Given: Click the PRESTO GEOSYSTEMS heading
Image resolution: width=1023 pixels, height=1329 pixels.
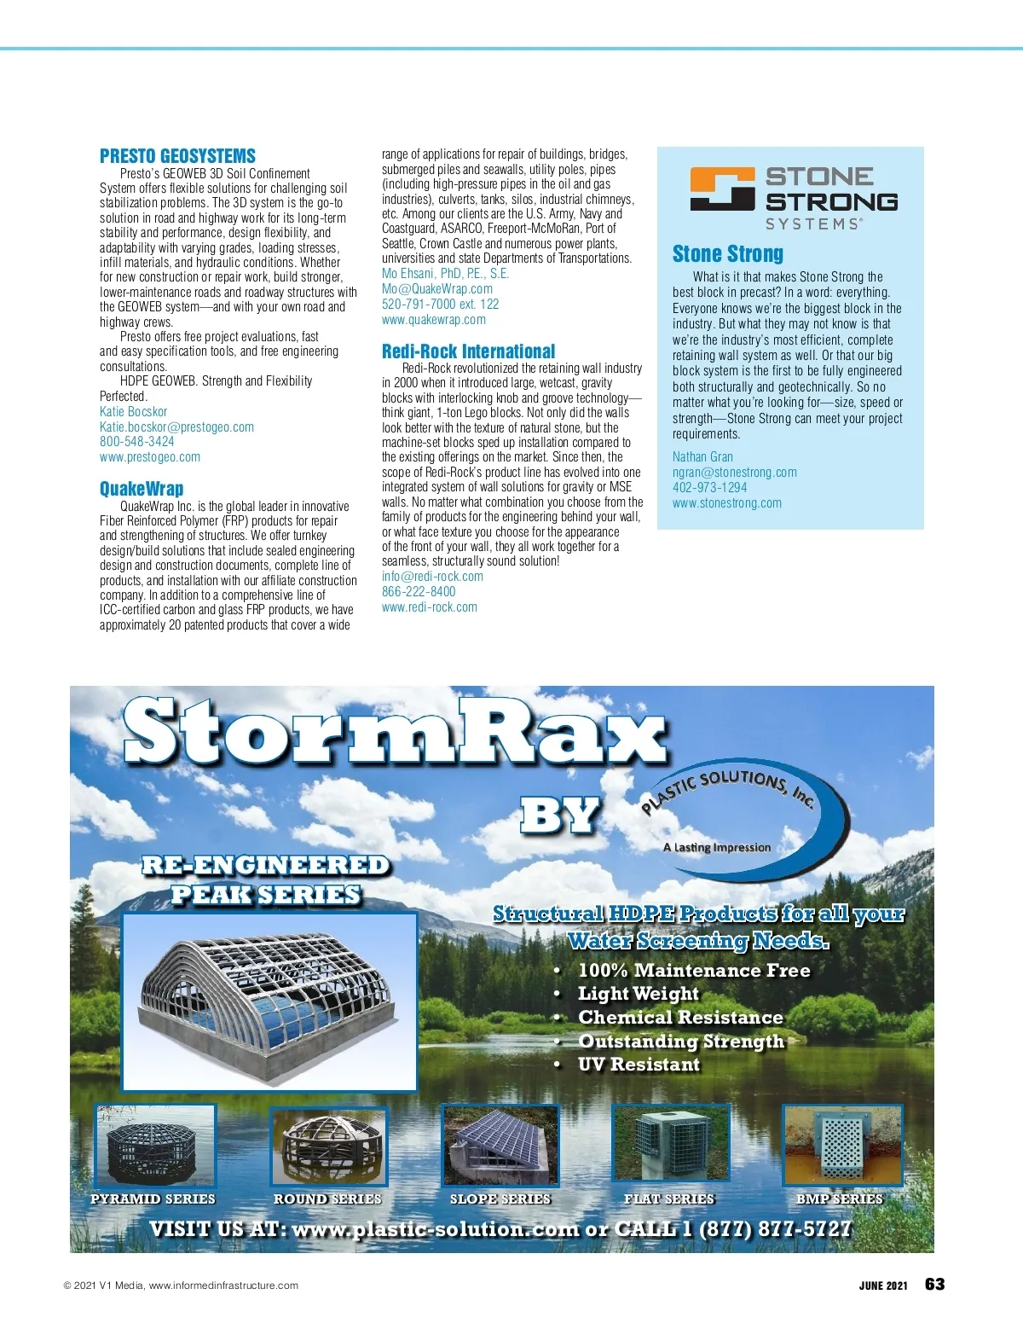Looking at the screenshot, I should [x=177, y=156].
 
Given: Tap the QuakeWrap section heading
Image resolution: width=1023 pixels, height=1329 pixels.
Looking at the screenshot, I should [x=142, y=489].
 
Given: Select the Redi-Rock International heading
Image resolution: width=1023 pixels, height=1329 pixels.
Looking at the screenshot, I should [x=468, y=351].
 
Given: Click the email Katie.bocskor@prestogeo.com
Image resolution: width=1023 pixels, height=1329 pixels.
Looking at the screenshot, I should [x=176, y=427].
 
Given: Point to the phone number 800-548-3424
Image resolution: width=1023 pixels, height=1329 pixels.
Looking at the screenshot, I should [x=136, y=442].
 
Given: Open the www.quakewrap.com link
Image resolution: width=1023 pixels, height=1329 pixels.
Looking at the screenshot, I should [x=433, y=320].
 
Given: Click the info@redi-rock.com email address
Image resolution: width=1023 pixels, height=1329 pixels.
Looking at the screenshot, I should [x=432, y=577].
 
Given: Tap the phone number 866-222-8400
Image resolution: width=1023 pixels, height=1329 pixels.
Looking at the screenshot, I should [x=419, y=592].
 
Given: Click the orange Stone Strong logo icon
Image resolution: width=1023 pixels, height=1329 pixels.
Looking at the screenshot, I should [x=722, y=189].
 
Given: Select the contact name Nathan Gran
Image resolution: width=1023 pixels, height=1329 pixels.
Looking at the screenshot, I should [x=702, y=457].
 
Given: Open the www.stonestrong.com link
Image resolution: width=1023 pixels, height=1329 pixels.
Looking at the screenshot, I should [x=726, y=503].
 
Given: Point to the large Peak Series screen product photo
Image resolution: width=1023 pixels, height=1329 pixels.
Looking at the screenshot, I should [x=269, y=1001].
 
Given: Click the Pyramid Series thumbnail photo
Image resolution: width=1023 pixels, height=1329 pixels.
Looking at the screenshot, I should [x=155, y=1146].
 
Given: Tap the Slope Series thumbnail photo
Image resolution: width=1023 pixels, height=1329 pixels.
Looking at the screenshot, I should [x=500, y=1146].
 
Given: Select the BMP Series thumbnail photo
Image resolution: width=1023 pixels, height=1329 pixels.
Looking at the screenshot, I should [x=842, y=1145].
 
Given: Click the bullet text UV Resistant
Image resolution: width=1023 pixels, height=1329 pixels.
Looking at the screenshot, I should [x=639, y=1065].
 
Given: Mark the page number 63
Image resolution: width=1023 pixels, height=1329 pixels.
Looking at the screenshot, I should [x=934, y=1285].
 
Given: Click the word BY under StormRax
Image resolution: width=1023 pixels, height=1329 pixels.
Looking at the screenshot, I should [x=560, y=815].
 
